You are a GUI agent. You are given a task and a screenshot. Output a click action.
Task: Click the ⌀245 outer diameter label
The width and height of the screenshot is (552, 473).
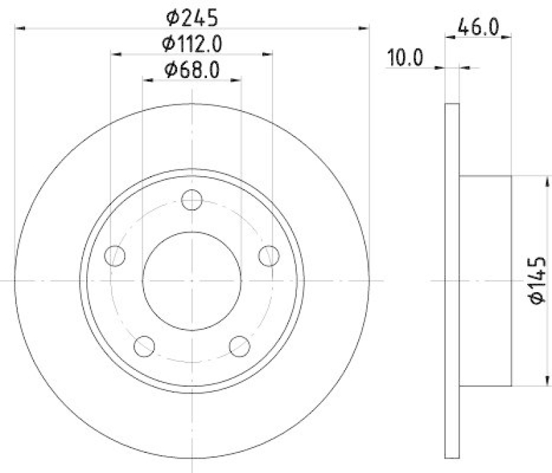tap(191, 15)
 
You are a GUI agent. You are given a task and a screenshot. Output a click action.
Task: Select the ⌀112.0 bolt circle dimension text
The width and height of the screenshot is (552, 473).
tap(191, 43)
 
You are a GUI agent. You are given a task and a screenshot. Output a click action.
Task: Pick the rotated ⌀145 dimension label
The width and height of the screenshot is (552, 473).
tap(538, 280)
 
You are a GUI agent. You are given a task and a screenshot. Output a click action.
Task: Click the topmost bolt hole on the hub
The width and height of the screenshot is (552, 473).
tap(191, 201)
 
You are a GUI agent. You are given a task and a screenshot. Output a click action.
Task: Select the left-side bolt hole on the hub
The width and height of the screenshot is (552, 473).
tap(115, 256)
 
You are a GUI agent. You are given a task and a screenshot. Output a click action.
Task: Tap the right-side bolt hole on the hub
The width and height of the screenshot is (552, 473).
tap(268, 256)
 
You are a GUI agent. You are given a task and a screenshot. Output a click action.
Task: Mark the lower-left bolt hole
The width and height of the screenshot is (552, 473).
tap(144, 345)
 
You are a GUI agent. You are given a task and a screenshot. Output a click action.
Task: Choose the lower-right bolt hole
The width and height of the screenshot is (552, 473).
tap(239, 345)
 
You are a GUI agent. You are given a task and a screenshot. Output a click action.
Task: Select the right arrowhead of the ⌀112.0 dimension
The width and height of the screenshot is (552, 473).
tap(268, 54)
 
